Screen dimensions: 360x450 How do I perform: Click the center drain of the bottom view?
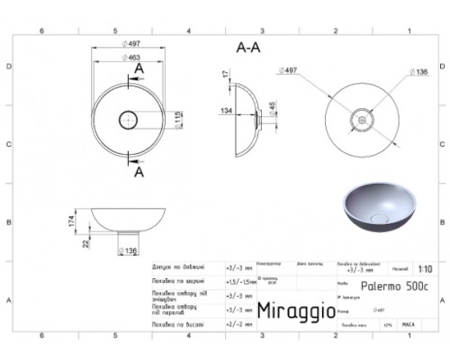364,115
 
